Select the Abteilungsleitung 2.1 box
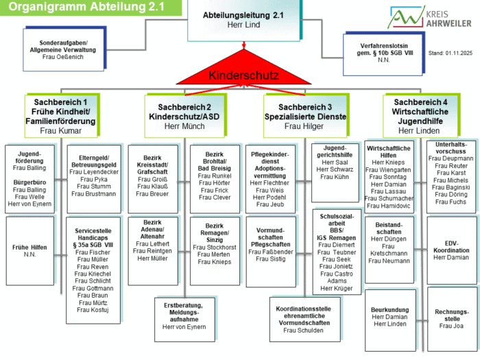pos(244,20)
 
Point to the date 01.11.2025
pos(452,52)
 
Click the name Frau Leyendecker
pos(95,172)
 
